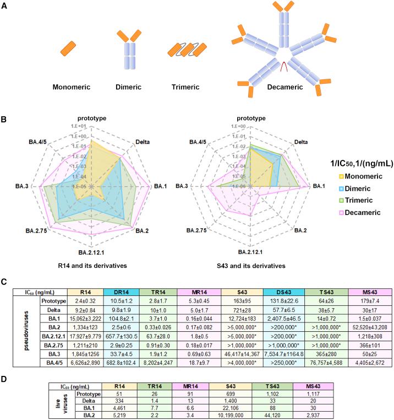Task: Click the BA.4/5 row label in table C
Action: [54, 363]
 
